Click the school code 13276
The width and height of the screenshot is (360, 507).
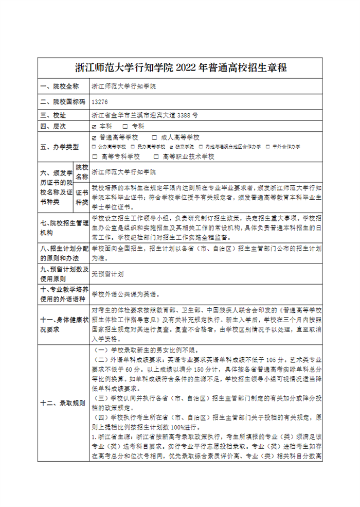pyautogui.click(x=99, y=102)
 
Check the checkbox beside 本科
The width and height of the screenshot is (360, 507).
pyautogui.click(x=94, y=126)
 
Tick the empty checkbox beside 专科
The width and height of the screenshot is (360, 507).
pyautogui.click(x=125, y=126)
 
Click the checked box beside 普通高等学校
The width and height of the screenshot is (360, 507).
pyautogui.click(x=94, y=138)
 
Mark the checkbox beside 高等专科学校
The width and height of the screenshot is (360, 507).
pyautogui.click(x=94, y=156)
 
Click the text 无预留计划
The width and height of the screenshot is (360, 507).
pyautogui.click(x=107, y=274)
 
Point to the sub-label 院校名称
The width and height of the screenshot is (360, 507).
pyautogui.click(x=82, y=172)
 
